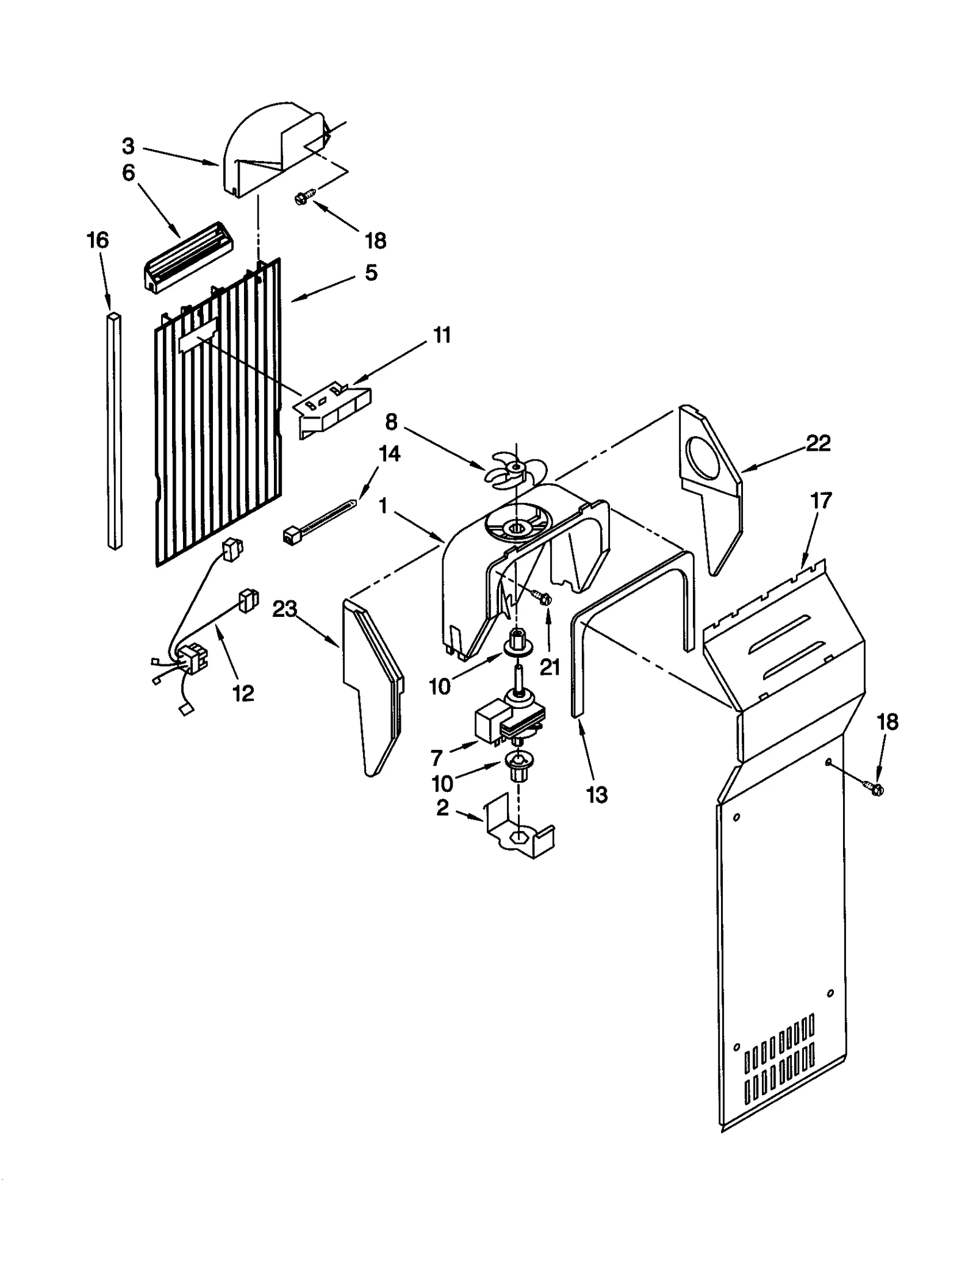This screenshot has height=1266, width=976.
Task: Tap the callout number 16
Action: [98, 240]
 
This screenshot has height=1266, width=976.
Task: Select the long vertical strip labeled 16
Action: [114, 431]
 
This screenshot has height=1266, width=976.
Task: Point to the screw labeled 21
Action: [540, 596]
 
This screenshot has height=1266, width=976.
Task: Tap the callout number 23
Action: [284, 608]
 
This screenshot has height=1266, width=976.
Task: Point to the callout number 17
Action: [820, 502]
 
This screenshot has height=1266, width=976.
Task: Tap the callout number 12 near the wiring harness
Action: [243, 693]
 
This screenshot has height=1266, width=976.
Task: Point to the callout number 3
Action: [127, 146]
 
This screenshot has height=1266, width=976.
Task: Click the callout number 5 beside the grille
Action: [371, 273]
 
